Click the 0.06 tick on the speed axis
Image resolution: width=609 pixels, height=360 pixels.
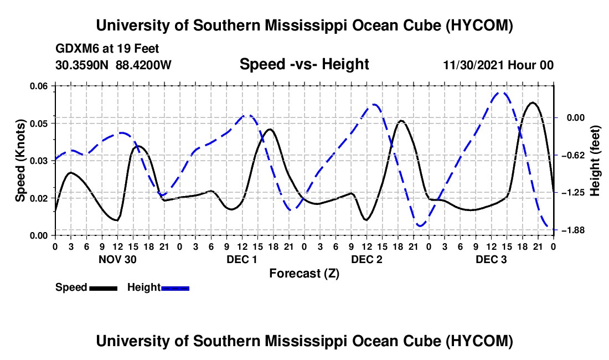39,86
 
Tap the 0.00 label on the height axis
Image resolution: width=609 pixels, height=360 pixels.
576,117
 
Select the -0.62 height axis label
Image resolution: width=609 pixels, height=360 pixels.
573,155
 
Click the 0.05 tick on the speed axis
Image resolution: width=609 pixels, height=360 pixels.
39,124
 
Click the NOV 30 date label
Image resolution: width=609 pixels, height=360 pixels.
117,259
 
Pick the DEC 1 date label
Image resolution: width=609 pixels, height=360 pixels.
242,259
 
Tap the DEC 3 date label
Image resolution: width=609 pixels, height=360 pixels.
491,259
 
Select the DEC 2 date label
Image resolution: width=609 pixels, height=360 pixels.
367,259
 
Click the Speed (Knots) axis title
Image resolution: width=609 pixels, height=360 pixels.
20,161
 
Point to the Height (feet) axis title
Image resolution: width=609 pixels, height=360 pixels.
595,161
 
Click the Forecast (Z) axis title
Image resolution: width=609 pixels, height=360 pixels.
304,274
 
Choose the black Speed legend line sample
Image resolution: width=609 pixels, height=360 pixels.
104,288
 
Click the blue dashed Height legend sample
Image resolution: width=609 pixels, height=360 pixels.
175,288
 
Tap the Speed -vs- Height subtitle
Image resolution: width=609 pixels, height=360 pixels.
304,64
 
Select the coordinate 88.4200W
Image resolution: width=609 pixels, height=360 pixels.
143,65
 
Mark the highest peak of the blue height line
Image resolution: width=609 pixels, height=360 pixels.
500,93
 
